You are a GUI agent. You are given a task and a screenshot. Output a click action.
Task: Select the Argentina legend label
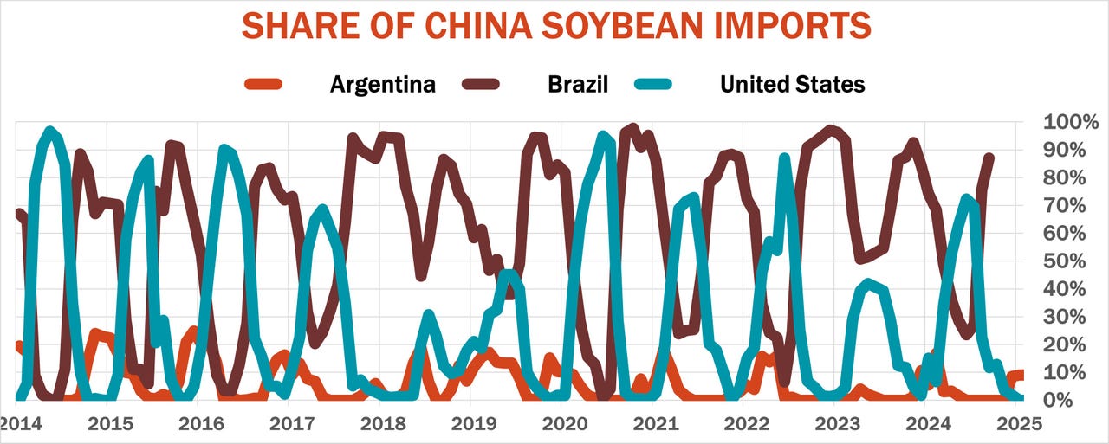click(383, 84)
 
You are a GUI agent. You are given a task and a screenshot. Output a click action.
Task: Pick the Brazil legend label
click(578, 84)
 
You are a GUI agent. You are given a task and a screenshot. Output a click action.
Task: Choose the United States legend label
click(793, 84)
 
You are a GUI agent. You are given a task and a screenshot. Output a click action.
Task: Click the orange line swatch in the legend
click(263, 84)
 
